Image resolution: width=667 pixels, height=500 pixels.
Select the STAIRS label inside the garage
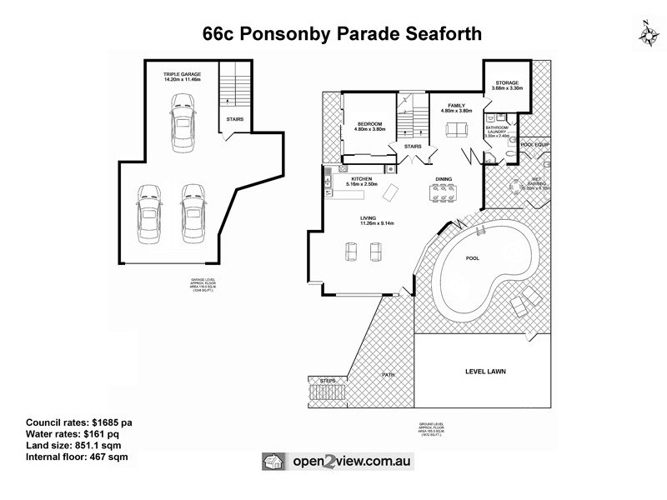click(234, 119)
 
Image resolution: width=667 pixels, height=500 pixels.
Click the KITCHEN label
click(361, 179)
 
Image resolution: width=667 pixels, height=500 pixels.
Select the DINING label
click(444, 179)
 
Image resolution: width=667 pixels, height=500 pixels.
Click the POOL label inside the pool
click(474, 259)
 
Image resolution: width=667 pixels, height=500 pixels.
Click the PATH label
click(388, 375)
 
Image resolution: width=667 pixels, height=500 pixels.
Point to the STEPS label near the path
click(328, 380)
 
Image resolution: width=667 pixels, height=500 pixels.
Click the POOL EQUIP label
click(534, 144)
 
